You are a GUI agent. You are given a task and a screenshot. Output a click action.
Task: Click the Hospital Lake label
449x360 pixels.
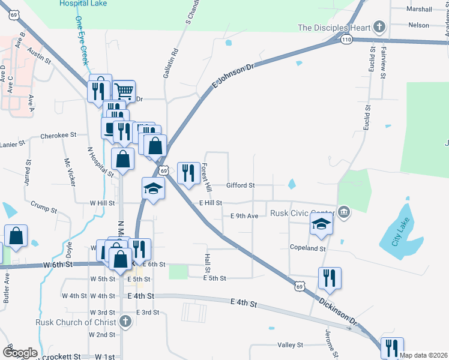pyautogui.click(x=83, y=4)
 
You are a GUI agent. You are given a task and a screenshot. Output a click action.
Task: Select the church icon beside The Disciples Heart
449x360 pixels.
pyautogui.click(x=379, y=26)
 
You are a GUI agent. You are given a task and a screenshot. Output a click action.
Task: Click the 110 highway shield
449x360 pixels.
pyautogui.click(x=346, y=40)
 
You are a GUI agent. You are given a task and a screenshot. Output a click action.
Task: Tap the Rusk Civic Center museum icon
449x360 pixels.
pyautogui.click(x=343, y=211)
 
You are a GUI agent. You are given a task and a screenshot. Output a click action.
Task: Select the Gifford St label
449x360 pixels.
pyautogui.click(x=241, y=185)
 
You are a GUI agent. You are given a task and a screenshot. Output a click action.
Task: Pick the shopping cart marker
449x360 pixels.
pyautogui.click(x=124, y=92)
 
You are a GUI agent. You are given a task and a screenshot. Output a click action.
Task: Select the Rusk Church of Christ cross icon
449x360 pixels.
pyautogui.click(x=125, y=321)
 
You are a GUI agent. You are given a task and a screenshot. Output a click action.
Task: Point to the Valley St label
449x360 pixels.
pyautogui.click(x=290, y=345)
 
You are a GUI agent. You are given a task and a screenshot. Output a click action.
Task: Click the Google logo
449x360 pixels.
pyautogui.click(x=20, y=353)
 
